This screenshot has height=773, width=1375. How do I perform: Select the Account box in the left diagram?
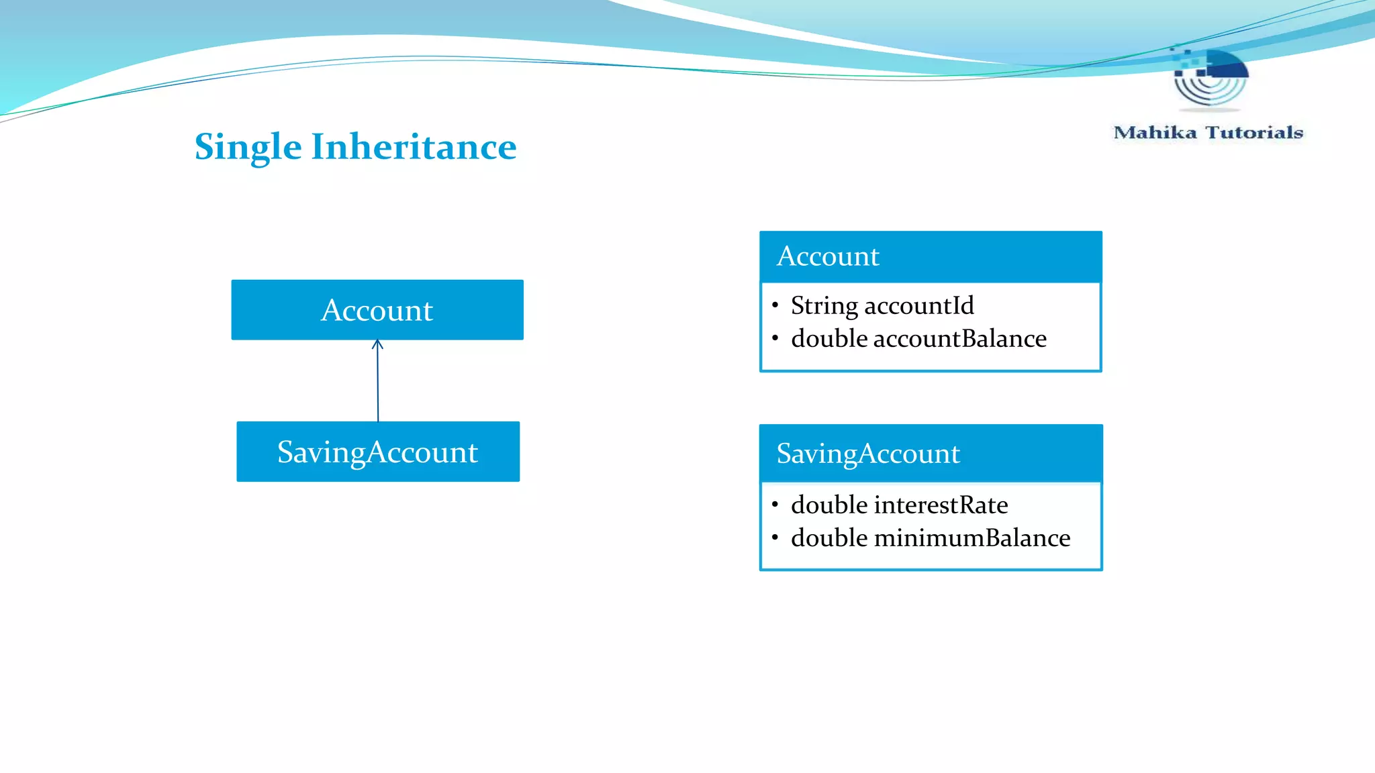[x=377, y=310]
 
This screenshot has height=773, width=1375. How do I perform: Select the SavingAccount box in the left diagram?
[x=378, y=452]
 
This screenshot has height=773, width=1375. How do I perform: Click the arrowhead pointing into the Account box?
[x=377, y=344]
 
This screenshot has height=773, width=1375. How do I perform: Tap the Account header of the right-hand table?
[x=828, y=256]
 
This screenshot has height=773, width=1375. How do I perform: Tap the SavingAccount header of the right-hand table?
[x=868, y=454]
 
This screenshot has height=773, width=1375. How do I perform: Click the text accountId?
[x=919, y=305]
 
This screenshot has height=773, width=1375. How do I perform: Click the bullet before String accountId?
[x=775, y=305]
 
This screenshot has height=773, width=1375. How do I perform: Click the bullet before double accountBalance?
[x=775, y=338]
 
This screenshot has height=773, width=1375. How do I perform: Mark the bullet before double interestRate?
[x=775, y=505]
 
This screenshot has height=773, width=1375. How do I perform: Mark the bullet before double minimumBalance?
[x=775, y=537]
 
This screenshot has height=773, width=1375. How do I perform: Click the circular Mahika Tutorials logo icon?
[x=1210, y=78]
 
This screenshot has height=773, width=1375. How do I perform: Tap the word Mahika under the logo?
[x=1155, y=132]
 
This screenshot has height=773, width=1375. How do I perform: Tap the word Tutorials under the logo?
[x=1254, y=132]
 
